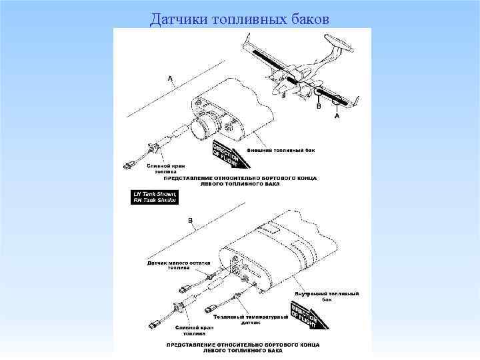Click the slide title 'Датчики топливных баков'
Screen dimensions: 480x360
tap(239, 18)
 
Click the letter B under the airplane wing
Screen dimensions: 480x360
tap(319, 106)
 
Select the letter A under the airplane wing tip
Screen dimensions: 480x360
tap(337, 115)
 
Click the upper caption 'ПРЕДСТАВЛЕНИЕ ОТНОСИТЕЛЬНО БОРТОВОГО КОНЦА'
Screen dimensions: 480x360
tap(241, 179)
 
